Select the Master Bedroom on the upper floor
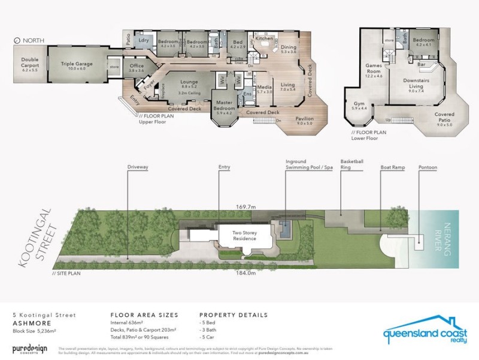pyautogui.click(x=226, y=107)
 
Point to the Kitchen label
pyautogui.click(x=264, y=38)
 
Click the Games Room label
pyautogui.click(x=374, y=70)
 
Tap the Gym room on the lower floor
pyautogui.click(x=359, y=106)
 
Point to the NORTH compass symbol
pyautogui.click(x=17, y=40)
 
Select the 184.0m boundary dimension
pyautogui.click(x=247, y=273)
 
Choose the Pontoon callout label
pyautogui.click(x=428, y=167)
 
